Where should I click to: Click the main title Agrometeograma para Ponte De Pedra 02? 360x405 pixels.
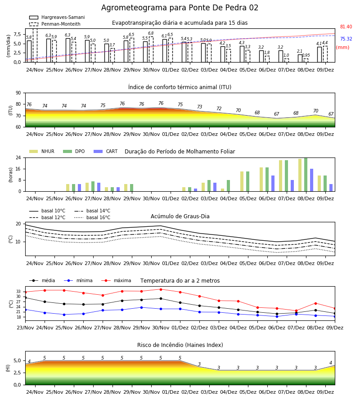(x=180, y=8)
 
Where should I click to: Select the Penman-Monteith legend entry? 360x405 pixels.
(x=55, y=24)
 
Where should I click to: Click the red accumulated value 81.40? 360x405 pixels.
(x=346, y=27)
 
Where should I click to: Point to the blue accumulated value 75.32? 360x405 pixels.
(x=346, y=39)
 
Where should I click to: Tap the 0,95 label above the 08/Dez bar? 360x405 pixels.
(x=306, y=55)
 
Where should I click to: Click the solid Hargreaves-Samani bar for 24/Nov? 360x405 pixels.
(x=29, y=51)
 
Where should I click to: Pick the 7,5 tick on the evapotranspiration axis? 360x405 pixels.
(x=17, y=34)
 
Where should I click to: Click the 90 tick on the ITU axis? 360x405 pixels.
(x=18, y=93)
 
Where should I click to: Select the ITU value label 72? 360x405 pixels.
(x=219, y=108)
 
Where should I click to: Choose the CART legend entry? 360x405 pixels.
(x=106, y=151)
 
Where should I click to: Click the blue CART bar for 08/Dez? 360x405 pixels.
(x=312, y=180)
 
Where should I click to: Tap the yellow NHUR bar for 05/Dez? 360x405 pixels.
(x=242, y=181)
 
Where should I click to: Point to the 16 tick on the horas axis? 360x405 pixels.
(x=18, y=169)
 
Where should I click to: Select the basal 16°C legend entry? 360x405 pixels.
(x=92, y=217)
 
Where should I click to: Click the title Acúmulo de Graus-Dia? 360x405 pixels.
(x=180, y=216)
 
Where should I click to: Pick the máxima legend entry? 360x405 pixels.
(x=116, y=280)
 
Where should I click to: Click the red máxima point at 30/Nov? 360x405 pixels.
(x=161, y=289)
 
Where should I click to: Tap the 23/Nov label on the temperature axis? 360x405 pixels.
(x=25, y=328)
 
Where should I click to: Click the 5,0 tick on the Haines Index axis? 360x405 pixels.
(x=17, y=360)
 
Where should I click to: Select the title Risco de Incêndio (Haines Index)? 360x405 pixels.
(x=180, y=345)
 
